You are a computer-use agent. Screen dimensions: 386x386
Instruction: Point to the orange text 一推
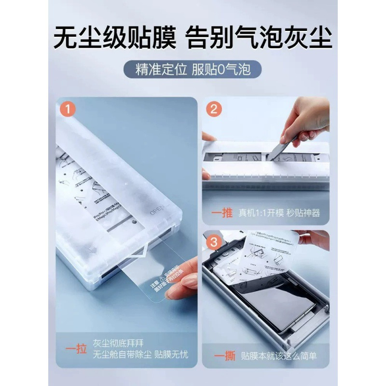tap(222, 212)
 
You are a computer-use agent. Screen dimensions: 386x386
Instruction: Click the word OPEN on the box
tap(158, 211)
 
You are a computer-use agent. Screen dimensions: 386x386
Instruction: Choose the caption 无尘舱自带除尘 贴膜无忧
tap(141, 355)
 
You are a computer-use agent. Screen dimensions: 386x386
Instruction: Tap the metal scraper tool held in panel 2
tap(280, 150)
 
